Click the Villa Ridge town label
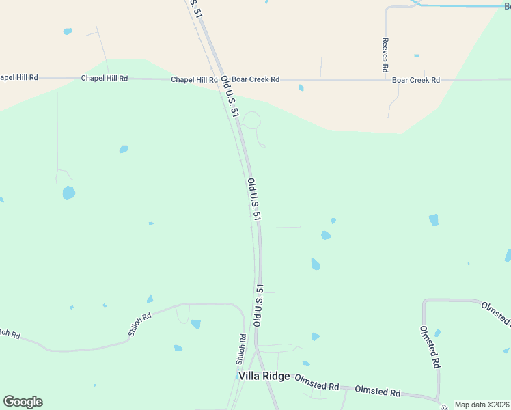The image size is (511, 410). coord(264,377)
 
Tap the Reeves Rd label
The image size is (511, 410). coord(385,55)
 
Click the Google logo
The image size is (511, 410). coord(23,402)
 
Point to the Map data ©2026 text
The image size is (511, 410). coord(482,405)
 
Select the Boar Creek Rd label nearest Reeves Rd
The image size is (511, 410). coord(415,80)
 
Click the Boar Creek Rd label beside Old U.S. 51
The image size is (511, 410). coord(255,79)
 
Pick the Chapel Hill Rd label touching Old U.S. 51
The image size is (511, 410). coord(194,79)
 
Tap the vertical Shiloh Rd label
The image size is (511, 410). coord(241,348)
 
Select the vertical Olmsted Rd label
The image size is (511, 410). coord(429,346)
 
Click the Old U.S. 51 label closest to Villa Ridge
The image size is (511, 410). coord(258,305)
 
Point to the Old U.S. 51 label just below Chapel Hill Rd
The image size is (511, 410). coord(229,97)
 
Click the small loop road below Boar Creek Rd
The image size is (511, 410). coord(251,120)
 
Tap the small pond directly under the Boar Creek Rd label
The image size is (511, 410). coord(301,87)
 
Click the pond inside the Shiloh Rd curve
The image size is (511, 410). coord(196,325)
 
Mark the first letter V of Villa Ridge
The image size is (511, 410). coord(242,377)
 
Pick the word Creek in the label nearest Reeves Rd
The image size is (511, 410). coord(418,80)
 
